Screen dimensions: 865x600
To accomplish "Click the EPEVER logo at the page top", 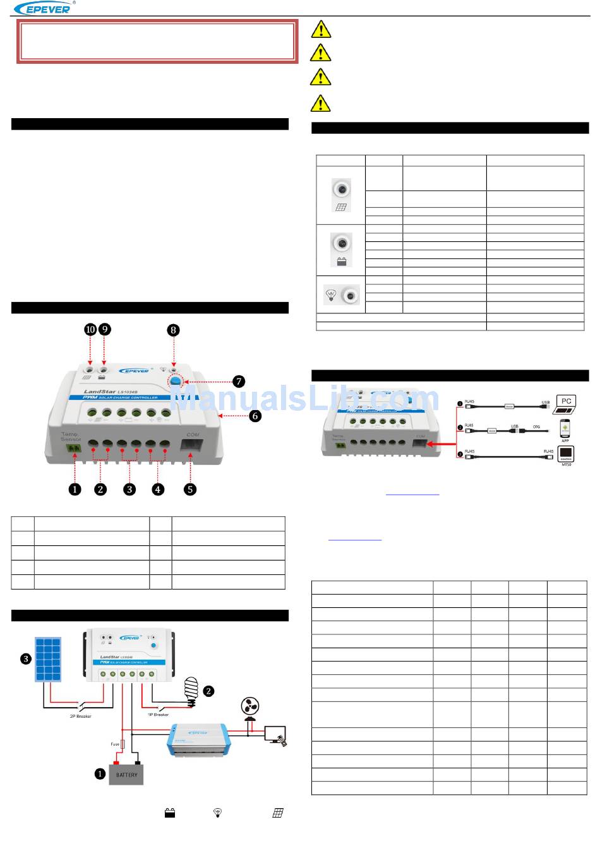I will pyautogui.click(x=43, y=8).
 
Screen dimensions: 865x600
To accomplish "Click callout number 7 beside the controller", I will pyautogui.click(x=238, y=382).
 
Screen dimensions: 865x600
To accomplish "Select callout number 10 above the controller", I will pyautogui.click(x=90, y=329).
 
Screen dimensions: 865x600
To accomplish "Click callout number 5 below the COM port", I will pyautogui.click(x=190, y=489).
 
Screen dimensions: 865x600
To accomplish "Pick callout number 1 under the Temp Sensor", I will pyautogui.click(x=75, y=489).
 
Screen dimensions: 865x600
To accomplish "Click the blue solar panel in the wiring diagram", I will pyautogui.click(x=48, y=660).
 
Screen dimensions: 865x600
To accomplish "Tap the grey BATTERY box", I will pyautogui.click(x=126, y=775).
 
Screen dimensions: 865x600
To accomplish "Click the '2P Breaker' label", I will pyautogui.click(x=80, y=716).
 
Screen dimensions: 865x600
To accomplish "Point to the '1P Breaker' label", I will pyautogui.click(x=158, y=715).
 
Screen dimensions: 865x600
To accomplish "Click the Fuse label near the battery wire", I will pyautogui.click(x=115, y=744).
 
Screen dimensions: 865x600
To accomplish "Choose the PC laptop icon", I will pyautogui.click(x=565, y=405).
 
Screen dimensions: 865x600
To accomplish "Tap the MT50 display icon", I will pyautogui.click(x=566, y=455).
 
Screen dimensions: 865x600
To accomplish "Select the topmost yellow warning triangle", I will pyautogui.click(x=321, y=30).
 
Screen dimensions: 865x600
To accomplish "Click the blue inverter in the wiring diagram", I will pyautogui.click(x=198, y=741).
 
